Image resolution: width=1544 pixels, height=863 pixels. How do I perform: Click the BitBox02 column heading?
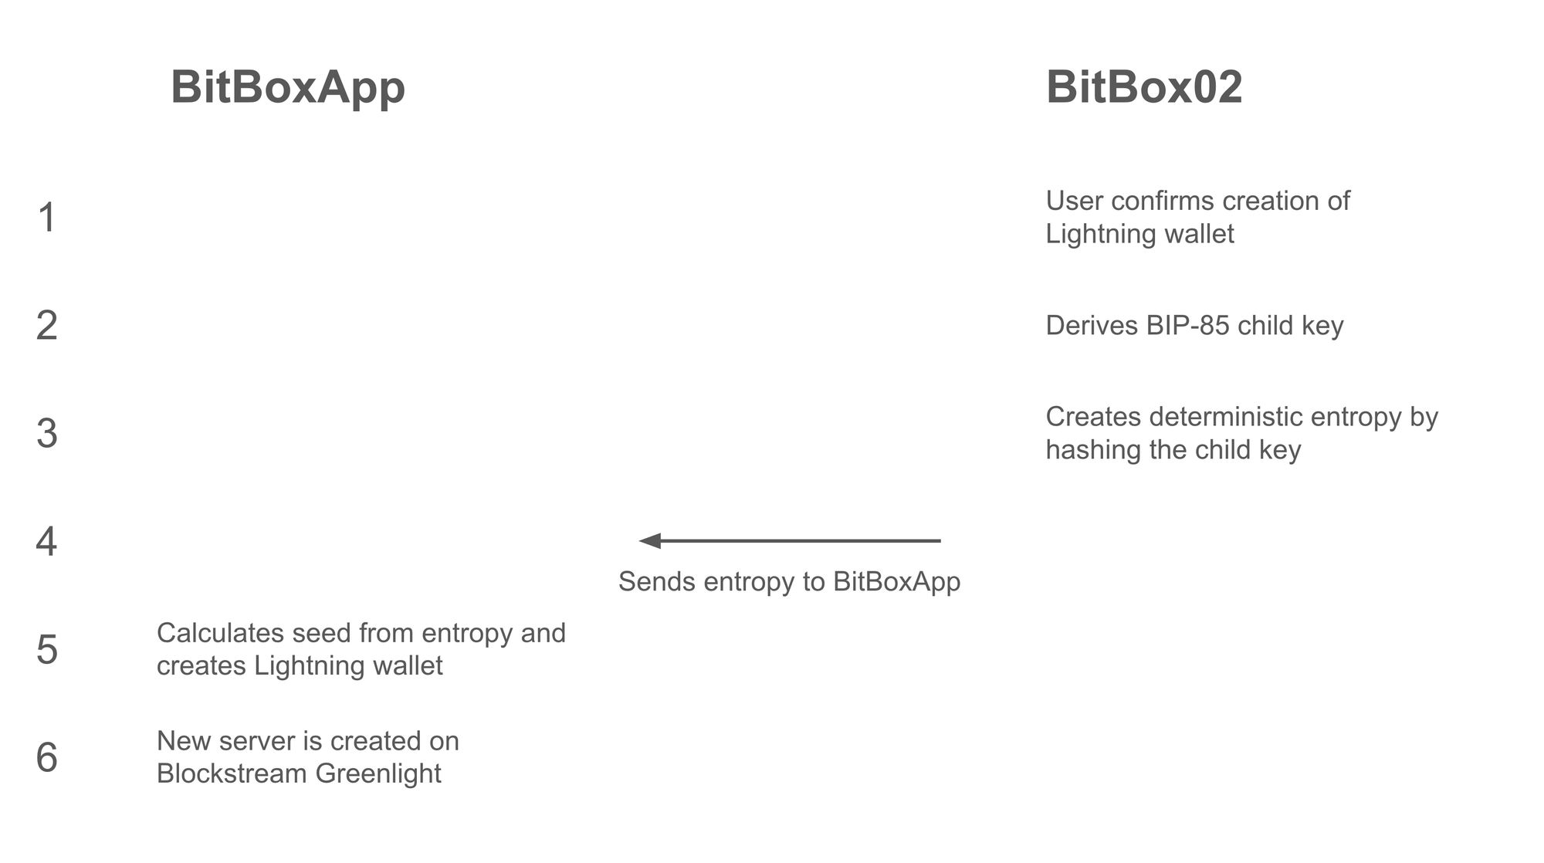click(x=1144, y=86)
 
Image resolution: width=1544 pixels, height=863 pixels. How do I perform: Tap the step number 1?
click(x=47, y=217)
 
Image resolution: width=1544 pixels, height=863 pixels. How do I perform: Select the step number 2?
click(x=47, y=325)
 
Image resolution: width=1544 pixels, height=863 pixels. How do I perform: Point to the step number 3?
click(x=47, y=433)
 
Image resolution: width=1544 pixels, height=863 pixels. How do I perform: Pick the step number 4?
click(x=46, y=541)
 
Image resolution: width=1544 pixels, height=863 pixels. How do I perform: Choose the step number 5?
click(x=47, y=649)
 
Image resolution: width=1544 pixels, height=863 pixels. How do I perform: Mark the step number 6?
click(x=47, y=757)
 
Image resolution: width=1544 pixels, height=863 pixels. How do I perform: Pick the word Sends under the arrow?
click(x=657, y=581)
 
